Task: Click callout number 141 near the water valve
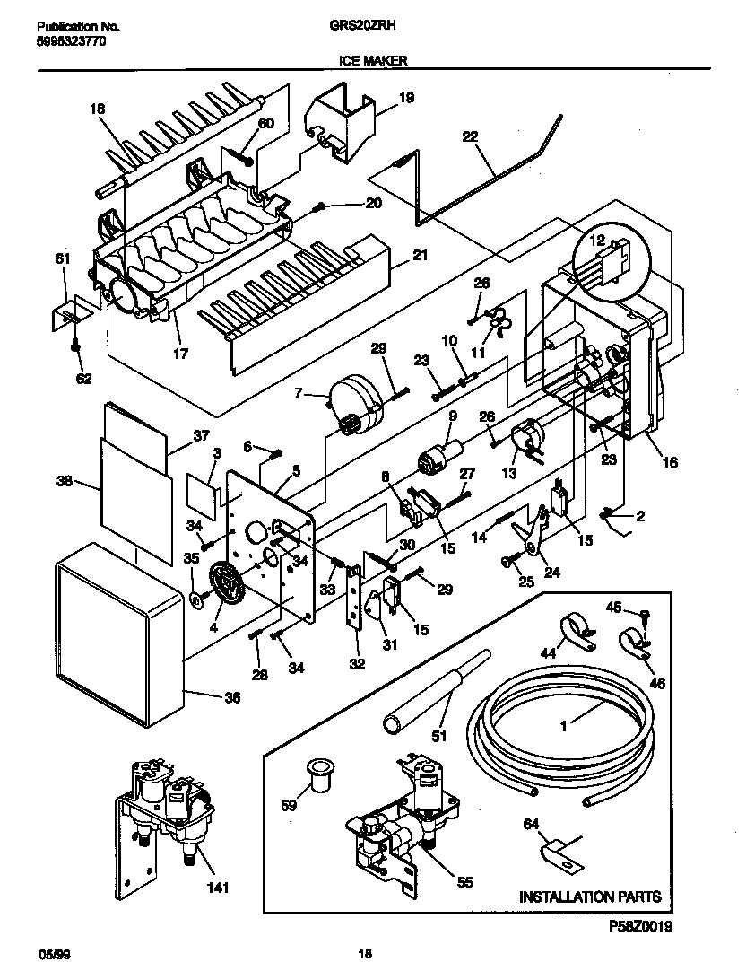pos(219,888)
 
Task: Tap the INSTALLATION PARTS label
pos(590,896)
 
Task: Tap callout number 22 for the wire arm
pos(470,137)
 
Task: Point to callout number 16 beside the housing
pos(670,463)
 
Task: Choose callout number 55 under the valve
pos(464,882)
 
